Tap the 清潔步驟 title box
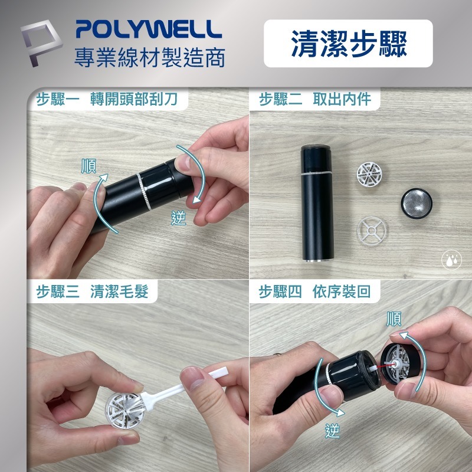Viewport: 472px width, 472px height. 348,44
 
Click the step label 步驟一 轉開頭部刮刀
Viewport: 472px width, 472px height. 106,99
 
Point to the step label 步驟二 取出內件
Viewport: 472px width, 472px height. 315,99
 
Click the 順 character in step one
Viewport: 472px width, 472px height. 89,166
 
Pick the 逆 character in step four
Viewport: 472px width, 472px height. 333,431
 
